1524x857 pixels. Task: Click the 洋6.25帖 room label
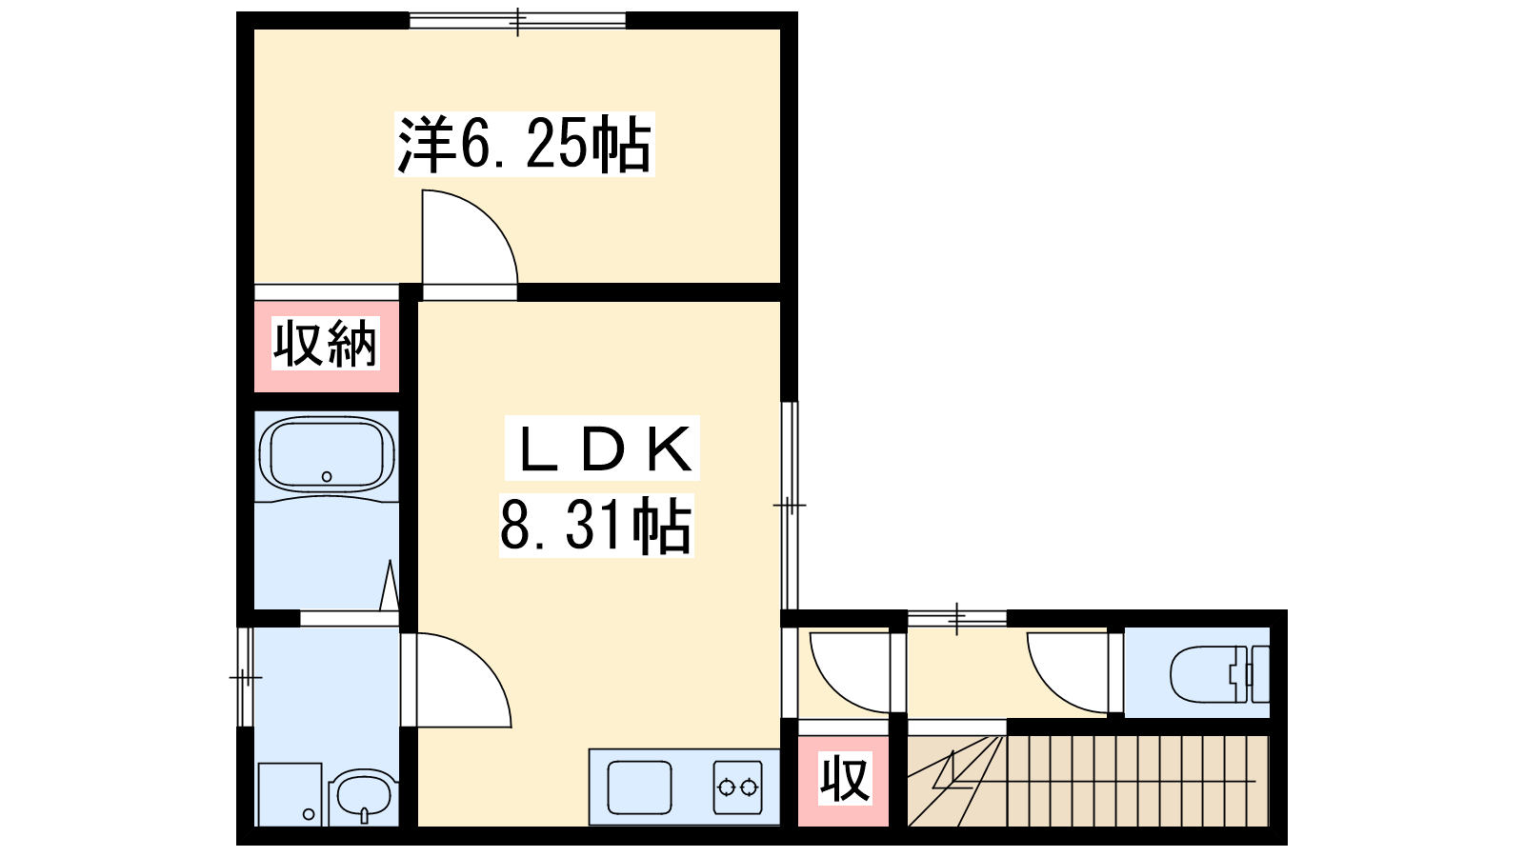tap(524, 144)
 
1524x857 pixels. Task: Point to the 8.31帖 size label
tap(596, 525)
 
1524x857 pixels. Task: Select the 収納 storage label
tap(325, 344)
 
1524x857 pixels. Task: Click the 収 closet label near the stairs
tap(844, 778)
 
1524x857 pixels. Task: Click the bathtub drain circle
tap(327, 477)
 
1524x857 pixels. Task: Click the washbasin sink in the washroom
tap(363, 797)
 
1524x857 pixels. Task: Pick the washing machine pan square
tap(290, 794)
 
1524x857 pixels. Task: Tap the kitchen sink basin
tap(639, 787)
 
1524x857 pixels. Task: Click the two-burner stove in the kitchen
tap(737, 787)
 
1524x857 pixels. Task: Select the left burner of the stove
tap(726, 787)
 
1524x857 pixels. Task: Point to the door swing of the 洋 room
tap(470, 237)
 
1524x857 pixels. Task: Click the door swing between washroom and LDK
tap(464, 680)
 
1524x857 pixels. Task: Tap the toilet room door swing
tap(1067, 672)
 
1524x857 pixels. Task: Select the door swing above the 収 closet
tap(850, 672)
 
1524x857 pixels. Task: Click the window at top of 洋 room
tap(518, 20)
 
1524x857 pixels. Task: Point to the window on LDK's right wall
tap(790, 506)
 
